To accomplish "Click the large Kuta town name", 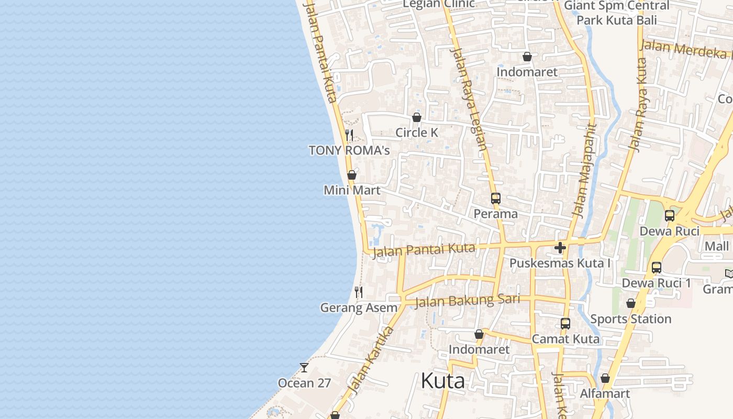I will pyautogui.click(x=442, y=381).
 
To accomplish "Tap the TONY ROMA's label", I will pyautogui.click(x=349, y=151).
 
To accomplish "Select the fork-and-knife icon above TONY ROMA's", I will pyautogui.click(x=349, y=135).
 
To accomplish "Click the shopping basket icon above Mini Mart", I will pyautogui.click(x=352, y=175).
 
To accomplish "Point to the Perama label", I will pyautogui.click(x=495, y=214).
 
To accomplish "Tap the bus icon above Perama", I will pyautogui.click(x=495, y=199).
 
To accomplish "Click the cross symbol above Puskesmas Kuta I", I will pyautogui.click(x=560, y=248).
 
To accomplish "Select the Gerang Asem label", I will pyautogui.click(x=359, y=307).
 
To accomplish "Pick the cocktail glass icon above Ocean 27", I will pyautogui.click(x=304, y=368).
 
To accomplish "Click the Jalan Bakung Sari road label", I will pyautogui.click(x=467, y=301).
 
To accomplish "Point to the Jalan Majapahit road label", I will pyautogui.click(x=585, y=170).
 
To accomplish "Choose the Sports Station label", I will pyautogui.click(x=630, y=319).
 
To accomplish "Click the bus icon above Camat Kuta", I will pyautogui.click(x=565, y=324).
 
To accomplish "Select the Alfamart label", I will pyautogui.click(x=605, y=393).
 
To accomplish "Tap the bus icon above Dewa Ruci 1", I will pyautogui.click(x=657, y=268).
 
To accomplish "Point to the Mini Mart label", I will pyautogui.click(x=352, y=190).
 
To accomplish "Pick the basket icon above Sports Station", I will pyautogui.click(x=631, y=304).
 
